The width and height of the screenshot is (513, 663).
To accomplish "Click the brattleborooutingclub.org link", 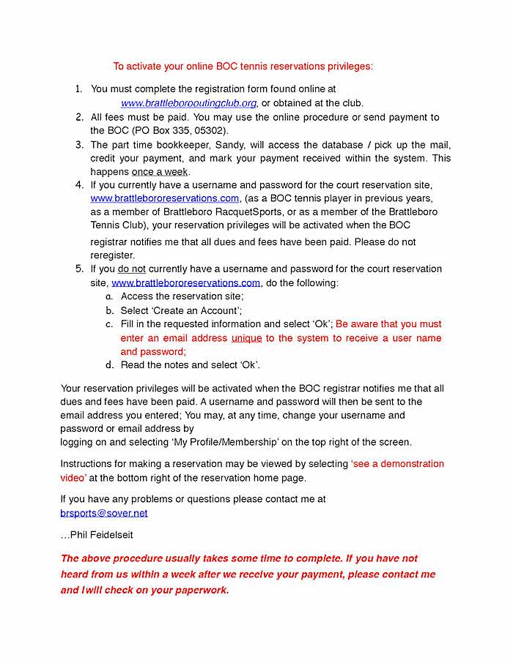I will [188, 103].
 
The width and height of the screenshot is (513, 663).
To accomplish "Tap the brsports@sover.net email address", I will [103, 513].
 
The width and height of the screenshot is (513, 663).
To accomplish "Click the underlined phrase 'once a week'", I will [160, 172].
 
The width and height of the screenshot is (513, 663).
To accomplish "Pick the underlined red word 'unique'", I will [246, 338].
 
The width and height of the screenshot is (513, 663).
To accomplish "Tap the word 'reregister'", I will [112, 255].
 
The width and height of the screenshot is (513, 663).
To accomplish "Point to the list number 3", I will [79, 145].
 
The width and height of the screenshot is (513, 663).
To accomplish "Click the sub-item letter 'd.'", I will [108, 365].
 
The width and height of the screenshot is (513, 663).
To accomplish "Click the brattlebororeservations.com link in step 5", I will [185, 283].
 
